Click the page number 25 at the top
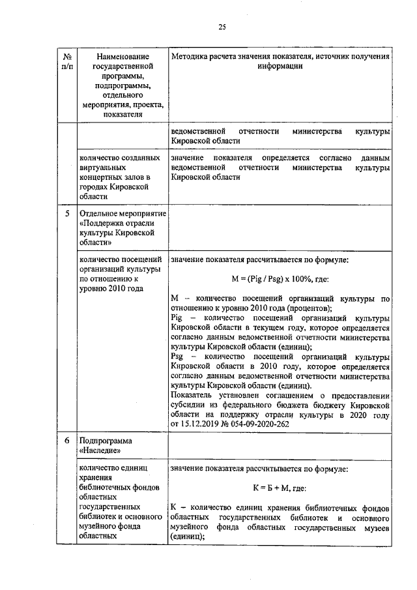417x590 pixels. point(222,26)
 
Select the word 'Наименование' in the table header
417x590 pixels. point(122,57)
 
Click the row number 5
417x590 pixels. point(66,213)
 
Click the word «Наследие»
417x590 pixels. point(100,450)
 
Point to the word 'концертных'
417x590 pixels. point(102,177)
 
